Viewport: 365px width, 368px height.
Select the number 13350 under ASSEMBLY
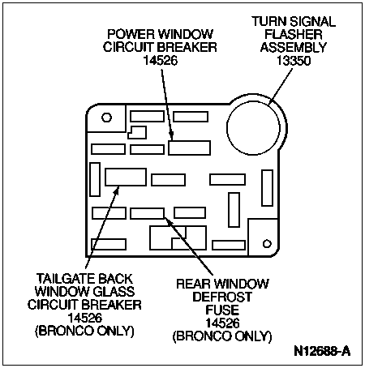[294, 61]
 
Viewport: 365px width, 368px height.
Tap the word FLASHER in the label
[294, 34]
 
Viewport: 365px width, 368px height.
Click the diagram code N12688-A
[322, 351]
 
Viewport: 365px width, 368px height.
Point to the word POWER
[131, 34]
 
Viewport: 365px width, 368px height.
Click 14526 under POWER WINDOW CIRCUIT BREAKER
[161, 60]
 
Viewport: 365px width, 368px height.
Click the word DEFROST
[222, 297]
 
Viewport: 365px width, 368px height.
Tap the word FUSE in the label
[222, 310]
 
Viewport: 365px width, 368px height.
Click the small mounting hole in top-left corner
[106, 118]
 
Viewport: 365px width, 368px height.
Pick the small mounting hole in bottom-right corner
[267, 243]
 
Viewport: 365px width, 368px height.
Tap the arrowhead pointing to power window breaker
[171, 136]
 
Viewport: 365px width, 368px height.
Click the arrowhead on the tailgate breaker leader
[116, 190]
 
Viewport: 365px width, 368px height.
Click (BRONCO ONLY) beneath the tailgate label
[84, 331]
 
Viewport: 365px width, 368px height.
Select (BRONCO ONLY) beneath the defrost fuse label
[222, 336]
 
